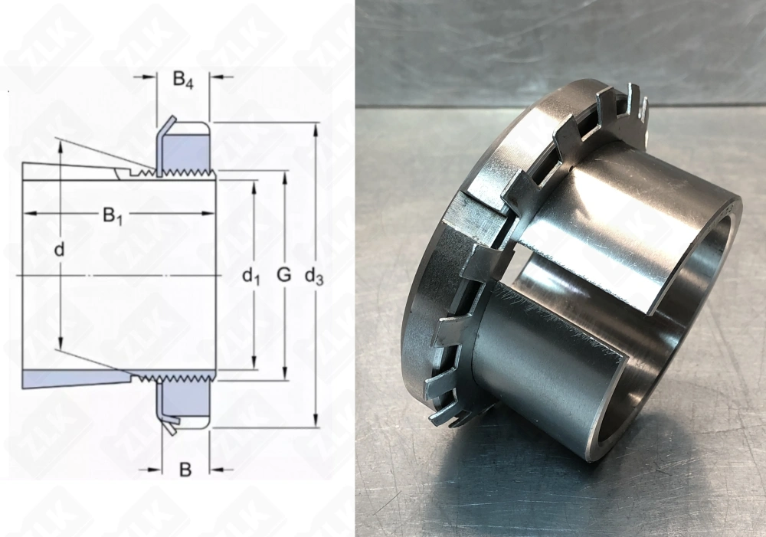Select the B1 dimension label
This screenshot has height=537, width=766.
click(x=113, y=217)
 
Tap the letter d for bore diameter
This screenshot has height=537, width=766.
click(x=59, y=250)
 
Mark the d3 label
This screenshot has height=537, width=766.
click(x=314, y=277)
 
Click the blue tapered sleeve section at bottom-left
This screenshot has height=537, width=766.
click(x=69, y=378)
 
